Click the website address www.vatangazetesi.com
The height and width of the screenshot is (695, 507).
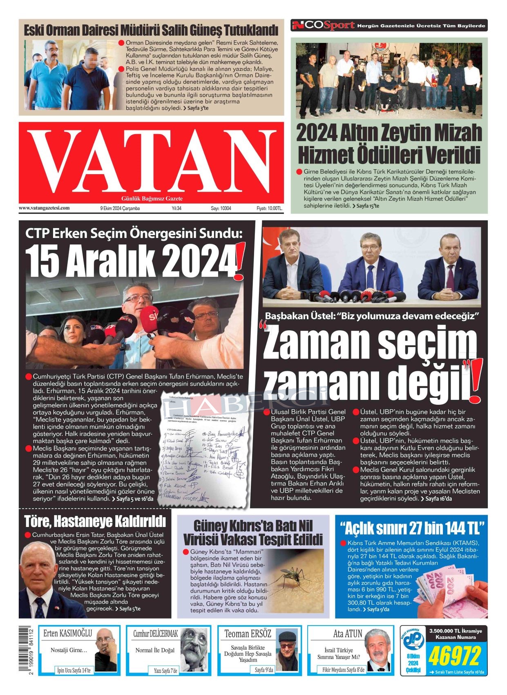coord(44,208)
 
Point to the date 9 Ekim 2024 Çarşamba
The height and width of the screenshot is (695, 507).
coord(120,208)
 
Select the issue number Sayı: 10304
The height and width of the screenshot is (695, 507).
coord(221,208)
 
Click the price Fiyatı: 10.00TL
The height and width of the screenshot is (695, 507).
coord(269,208)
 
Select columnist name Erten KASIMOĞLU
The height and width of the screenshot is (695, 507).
coord(68,634)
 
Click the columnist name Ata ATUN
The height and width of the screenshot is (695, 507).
coord(348,634)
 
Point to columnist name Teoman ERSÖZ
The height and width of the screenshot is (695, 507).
coord(248,634)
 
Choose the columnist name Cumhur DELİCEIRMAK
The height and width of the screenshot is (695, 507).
coord(156,634)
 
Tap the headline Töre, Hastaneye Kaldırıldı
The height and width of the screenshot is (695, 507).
coord(95,521)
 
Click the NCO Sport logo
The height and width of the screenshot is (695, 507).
coord(323,25)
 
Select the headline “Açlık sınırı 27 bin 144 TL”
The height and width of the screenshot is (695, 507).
coord(412,528)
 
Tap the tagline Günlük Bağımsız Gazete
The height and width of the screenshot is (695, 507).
coord(152,199)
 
